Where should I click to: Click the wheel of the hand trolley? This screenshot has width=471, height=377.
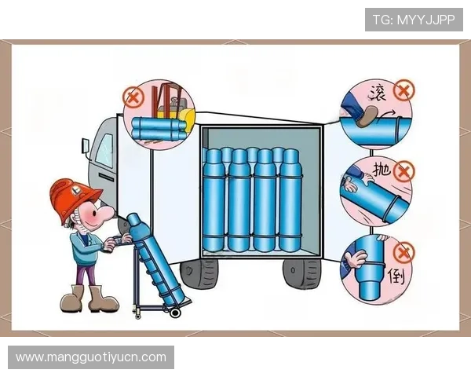pos(174,313)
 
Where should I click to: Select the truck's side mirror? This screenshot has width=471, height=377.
pos(85,146)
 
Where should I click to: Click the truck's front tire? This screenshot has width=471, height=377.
pos(199,273)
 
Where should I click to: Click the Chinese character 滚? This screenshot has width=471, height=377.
pos(378,92)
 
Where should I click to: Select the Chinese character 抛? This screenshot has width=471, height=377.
pos(382,169)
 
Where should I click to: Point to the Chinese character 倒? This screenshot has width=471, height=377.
pos(396,276)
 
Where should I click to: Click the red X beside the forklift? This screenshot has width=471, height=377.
pos(133,97)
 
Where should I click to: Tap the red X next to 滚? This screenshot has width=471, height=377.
pos(404,90)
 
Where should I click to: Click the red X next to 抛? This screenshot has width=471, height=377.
pos(404,171)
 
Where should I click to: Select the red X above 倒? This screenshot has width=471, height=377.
pos(404,253)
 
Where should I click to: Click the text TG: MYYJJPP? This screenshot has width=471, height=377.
pos(414,20)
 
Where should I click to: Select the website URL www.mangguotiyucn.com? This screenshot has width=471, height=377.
pos(91,357)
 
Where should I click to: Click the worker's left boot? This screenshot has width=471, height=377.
pos(71,299)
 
